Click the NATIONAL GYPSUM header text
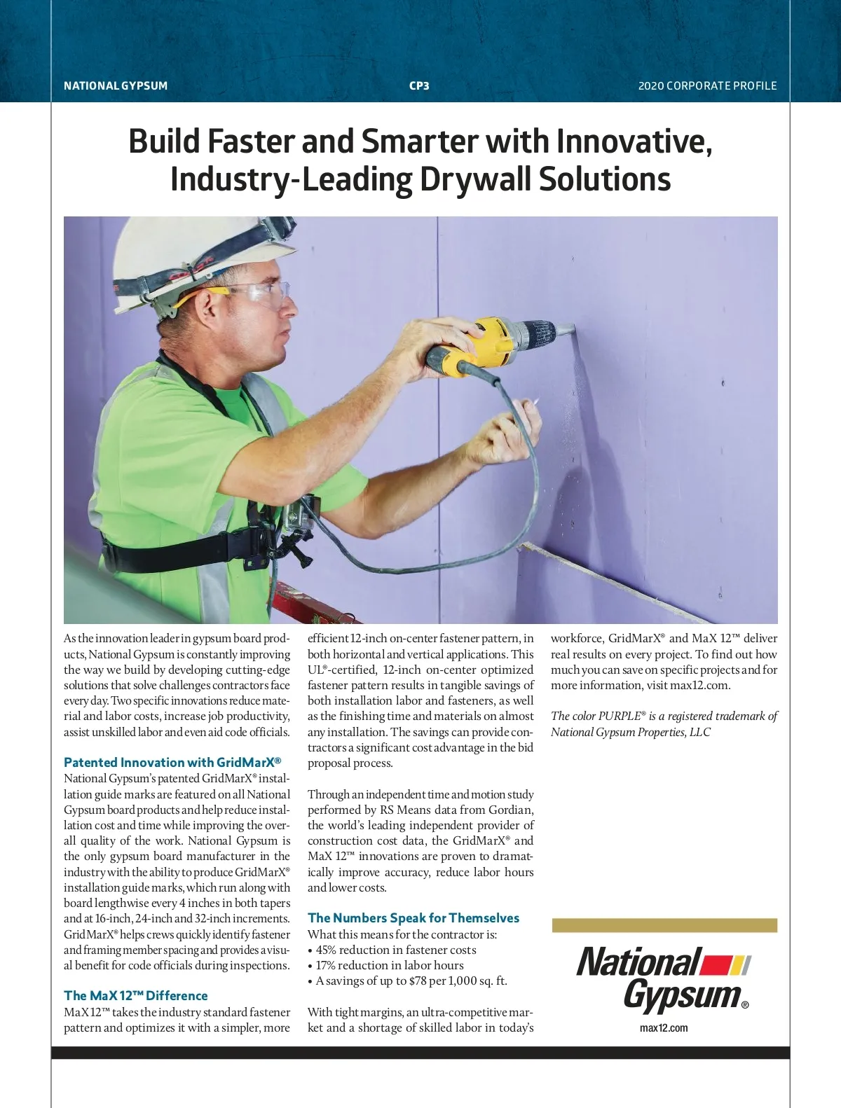coord(116,86)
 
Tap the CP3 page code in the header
coord(419,86)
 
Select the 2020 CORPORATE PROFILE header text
coord(707,86)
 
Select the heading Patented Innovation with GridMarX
coord(172,763)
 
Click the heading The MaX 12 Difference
coord(136,996)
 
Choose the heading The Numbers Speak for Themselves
coord(413,918)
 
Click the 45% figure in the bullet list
coord(327,950)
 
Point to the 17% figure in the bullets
coord(326,966)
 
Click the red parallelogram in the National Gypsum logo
coord(716,965)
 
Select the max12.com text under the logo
coord(664,1028)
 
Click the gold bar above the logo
coord(664,925)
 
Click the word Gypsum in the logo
coord(681,995)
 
